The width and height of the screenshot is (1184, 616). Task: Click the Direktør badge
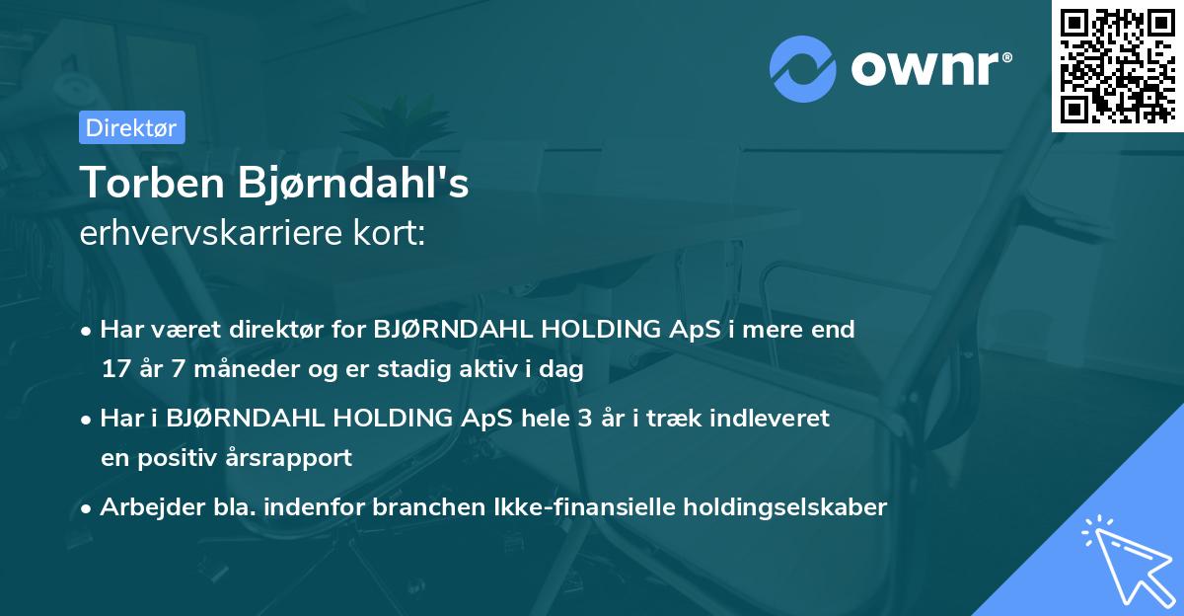pos(131,127)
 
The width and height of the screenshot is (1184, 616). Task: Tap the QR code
pos(1116,65)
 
